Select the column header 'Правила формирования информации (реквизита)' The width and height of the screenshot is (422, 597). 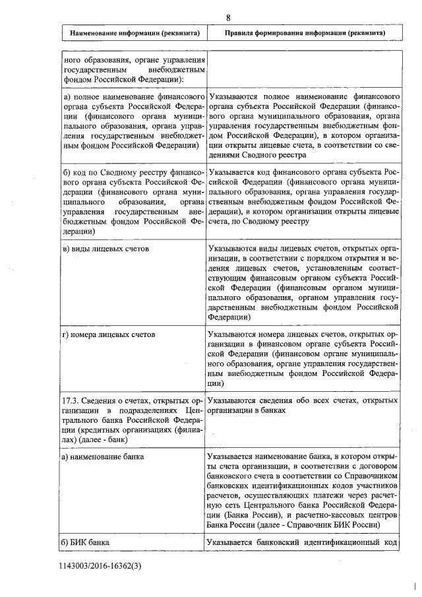(x=305, y=32)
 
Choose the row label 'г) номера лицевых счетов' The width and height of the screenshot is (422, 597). (x=109, y=334)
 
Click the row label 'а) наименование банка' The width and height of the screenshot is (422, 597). (x=103, y=456)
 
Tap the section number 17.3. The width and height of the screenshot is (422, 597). (x=71, y=400)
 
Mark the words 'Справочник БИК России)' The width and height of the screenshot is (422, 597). (x=336, y=525)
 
